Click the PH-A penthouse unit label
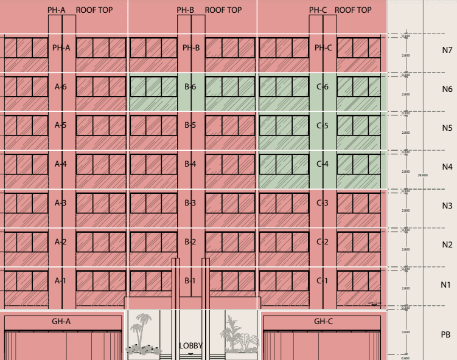click(61, 48)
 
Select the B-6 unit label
click(190, 87)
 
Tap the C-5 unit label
click(323, 126)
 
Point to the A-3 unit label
click(60, 203)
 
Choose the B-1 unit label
click(190, 281)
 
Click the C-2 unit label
click(323, 242)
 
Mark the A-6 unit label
click(60, 87)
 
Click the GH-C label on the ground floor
click(324, 321)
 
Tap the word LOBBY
click(190, 346)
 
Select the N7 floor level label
click(447, 50)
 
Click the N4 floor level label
click(447, 167)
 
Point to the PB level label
click(445, 335)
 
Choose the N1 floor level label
click(446, 285)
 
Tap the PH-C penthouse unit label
click(323, 48)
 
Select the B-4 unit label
click(190, 164)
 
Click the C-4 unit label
click(323, 164)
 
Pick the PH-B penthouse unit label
click(191, 48)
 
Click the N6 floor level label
click(447, 89)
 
